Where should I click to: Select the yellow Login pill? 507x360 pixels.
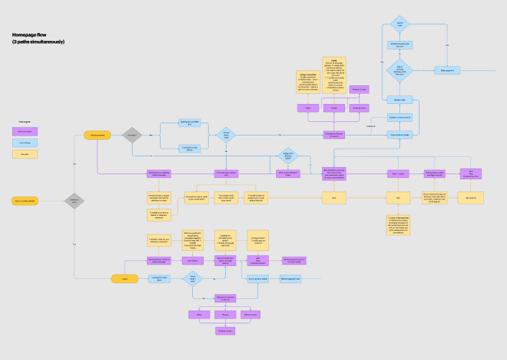[x=124, y=278]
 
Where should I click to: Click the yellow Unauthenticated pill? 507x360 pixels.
[x=98, y=135]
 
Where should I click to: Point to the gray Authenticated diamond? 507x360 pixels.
[x=75, y=201]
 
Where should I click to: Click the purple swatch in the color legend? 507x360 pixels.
[x=25, y=131]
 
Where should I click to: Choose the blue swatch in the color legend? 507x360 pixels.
[x=25, y=143]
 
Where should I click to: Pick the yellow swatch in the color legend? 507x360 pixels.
[x=25, y=153]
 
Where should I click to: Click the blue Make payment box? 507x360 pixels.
[x=447, y=70]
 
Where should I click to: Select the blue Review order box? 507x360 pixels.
[x=399, y=100]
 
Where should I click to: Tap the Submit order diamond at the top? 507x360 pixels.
[x=399, y=24]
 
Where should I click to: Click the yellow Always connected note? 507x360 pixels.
[x=308, y=81]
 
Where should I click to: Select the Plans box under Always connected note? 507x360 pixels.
[x=308, y=108]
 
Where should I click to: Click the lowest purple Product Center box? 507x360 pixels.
[x=225, y=331]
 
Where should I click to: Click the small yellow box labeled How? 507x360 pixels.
[x=333, y=196]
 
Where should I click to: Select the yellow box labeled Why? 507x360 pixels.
[x=398, y=196]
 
